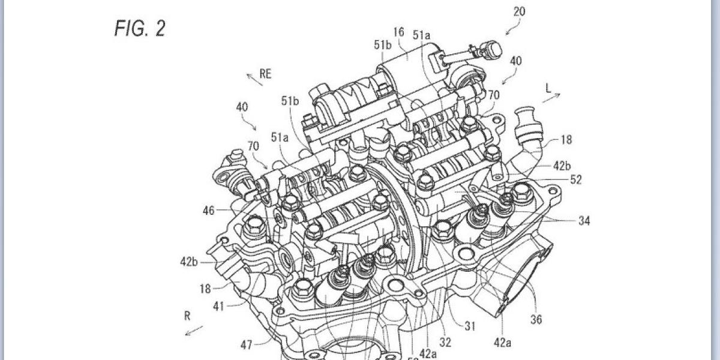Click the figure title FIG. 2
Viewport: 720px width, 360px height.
(139, 29)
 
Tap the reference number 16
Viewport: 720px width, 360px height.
(400, 32)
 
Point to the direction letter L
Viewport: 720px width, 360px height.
(548, 88)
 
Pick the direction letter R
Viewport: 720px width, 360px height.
(188, 314)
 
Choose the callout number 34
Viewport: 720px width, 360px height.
(584, 221)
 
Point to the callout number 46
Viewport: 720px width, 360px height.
(209, 211)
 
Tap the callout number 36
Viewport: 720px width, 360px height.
(536, 319)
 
